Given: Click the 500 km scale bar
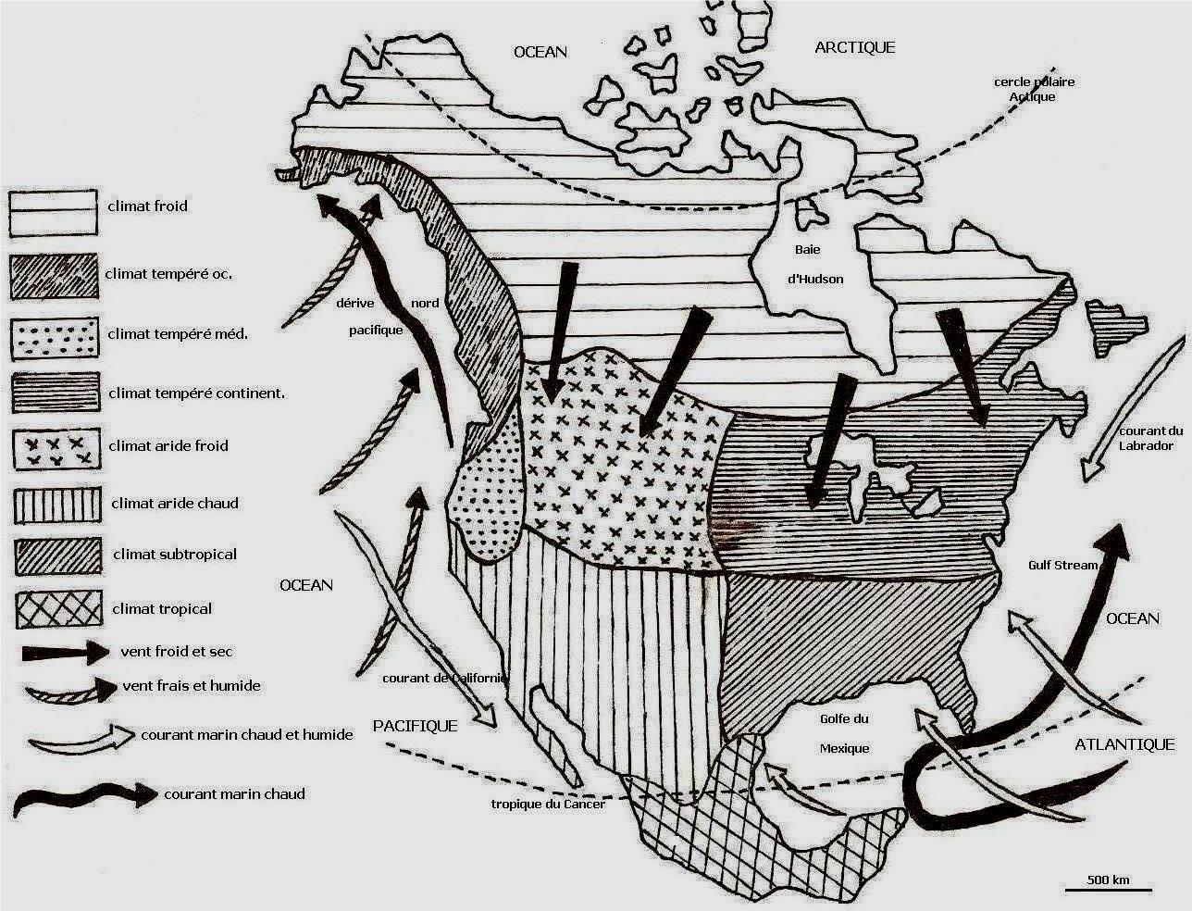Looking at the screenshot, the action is pos(1108,890).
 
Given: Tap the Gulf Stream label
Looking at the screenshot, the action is pos(1062,565).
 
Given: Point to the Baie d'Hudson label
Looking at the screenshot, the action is pos(814,265).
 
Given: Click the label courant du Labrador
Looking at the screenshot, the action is pos(1150,439).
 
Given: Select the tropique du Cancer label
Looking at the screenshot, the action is pos(548,804).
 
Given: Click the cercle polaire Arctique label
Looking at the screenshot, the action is pos(1034,89).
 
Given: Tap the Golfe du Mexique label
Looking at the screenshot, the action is pos(844,733).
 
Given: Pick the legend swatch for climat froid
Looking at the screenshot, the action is pos(54,213).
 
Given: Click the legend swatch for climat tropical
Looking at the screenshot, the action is pos(58,609).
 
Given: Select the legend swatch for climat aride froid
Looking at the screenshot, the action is pos(56,449).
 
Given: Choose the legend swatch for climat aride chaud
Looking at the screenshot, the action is pos(57,505).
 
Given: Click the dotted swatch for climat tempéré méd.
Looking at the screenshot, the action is pos(55,338).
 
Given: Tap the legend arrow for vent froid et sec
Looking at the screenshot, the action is pos(65,653).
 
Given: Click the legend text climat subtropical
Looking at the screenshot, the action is pos(175,555).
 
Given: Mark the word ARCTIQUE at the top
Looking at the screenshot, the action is pos(855,48).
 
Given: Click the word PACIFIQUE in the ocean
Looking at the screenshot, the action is pos(416,726).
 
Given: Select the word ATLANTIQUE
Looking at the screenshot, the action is pos(1124,744).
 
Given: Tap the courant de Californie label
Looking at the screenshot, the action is pos(445,678).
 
